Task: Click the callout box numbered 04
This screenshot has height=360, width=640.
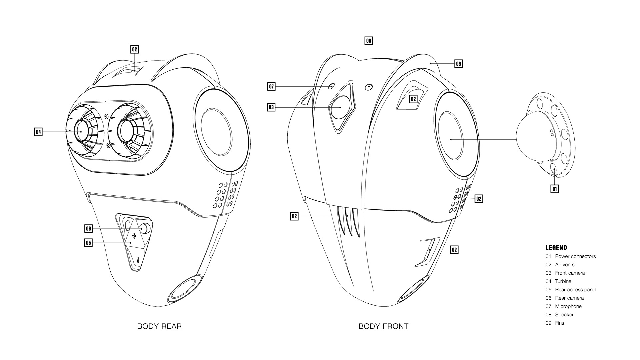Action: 38,132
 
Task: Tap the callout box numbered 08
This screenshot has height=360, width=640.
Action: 368,41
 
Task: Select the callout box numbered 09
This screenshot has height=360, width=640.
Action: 459,63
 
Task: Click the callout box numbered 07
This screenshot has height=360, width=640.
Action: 271,87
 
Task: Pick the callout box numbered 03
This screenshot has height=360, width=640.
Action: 271,107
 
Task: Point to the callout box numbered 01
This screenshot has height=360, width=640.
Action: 554,189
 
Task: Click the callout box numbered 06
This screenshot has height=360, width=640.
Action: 88,229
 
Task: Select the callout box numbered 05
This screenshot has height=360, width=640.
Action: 88,243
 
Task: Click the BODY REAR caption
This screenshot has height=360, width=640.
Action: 159,326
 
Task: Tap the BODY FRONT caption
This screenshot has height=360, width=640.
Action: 383,326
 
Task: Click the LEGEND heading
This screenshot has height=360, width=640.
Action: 556,248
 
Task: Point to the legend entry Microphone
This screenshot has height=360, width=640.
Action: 568,306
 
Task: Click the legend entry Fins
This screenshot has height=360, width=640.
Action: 559,323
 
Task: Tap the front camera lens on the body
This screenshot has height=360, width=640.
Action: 341,107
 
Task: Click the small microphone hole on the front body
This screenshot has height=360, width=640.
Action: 331,87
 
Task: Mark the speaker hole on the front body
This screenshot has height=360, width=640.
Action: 369,87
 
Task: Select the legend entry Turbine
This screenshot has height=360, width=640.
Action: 563,281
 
